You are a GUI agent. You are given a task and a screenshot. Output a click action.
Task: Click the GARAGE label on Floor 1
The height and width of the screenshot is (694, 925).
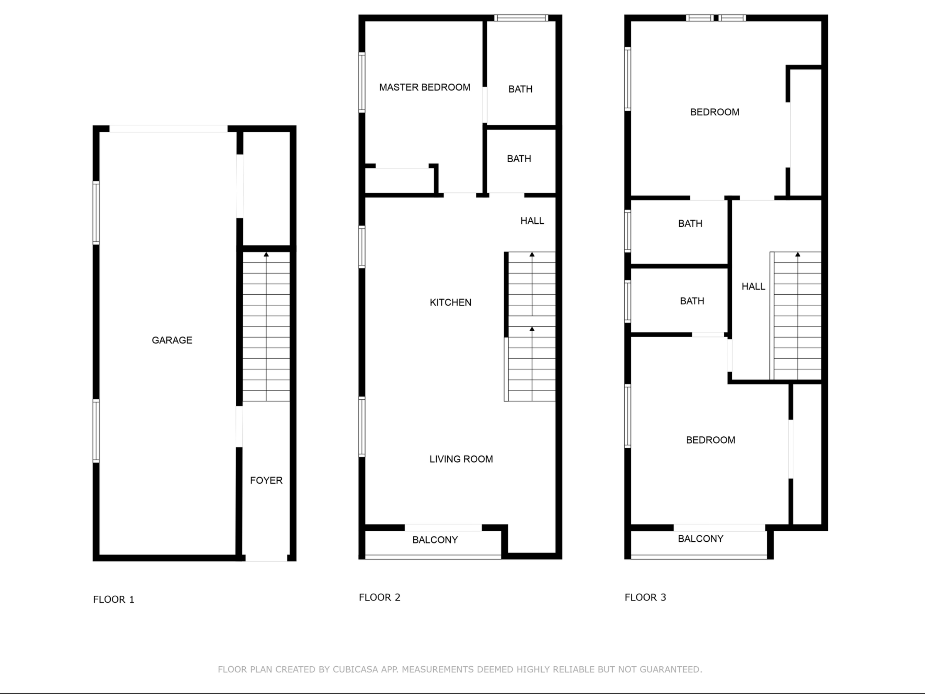click(x=172, y=340)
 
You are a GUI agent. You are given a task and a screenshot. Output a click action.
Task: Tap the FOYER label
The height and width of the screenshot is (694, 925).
click(x=266, y=481)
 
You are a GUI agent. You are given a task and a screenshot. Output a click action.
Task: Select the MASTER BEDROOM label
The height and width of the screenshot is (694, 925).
click(x=424, y=87)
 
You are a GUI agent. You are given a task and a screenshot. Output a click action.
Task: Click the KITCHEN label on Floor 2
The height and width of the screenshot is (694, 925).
click(x=450, y=302)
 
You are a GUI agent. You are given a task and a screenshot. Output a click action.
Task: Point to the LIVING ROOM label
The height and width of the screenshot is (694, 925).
click(x=461, y=459)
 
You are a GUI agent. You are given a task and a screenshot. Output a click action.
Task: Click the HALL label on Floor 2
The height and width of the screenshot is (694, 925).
click(x=532, y=221)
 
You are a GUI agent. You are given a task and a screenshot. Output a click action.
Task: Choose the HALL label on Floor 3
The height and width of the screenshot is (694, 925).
click(x=753, y=287)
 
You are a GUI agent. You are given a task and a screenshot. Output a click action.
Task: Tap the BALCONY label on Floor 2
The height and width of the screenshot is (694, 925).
click(x=435, y=540)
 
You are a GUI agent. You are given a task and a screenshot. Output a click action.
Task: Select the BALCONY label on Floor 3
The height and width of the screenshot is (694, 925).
click(x=700, y=539)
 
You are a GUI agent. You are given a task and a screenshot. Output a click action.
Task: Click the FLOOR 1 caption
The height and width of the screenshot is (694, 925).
click(x=114, y=600)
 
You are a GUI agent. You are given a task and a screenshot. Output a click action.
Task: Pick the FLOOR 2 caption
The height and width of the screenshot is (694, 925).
click(x=380, y=597)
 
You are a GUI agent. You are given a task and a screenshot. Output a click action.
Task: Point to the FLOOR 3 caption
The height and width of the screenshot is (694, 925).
click(x=645, y=597)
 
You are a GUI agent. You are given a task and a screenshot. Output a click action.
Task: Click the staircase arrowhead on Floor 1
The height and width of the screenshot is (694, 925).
click(x=266, y=254)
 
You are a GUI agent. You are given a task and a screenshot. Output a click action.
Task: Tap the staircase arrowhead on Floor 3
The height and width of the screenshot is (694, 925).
click(x=798, y=254)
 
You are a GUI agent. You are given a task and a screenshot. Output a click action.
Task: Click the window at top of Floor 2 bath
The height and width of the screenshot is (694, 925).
click(x=521, y=18)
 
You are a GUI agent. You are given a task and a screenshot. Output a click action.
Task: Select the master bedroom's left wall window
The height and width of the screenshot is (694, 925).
click(x=362, y=82)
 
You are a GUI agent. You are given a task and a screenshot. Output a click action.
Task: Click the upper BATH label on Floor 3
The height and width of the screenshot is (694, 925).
click(x=690, y=224)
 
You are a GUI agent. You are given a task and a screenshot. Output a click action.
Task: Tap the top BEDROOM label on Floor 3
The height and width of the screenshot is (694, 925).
click(x=715, y=112)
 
